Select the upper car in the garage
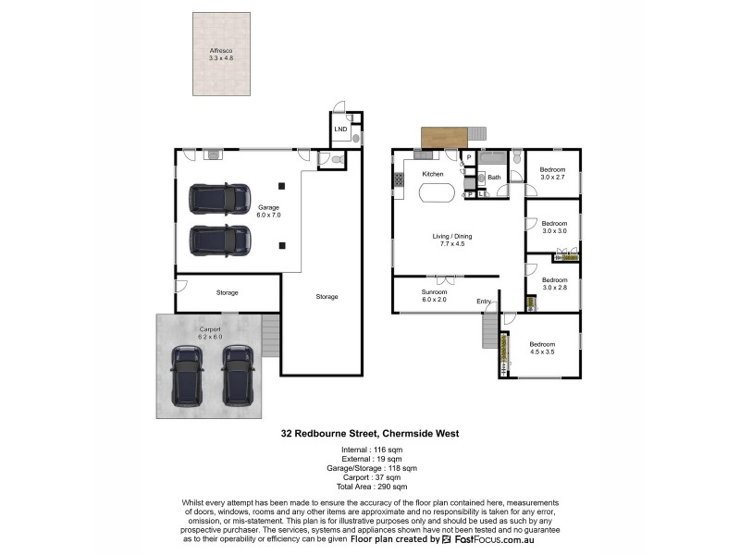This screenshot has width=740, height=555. click(x=219, y=198)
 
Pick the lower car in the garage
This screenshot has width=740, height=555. click(x=220, y=240)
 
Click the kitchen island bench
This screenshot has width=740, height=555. click(x=437, y=194)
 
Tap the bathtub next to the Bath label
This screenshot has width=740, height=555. click(x=494, y=157)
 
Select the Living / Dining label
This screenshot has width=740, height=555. click(x=452, y=240)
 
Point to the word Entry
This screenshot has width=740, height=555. click(x=484, y=302)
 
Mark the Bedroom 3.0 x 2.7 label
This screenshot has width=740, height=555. click(x=553, y=174)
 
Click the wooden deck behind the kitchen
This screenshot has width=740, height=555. click(x=444, y=137)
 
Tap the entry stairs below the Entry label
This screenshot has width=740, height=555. click(x=489, y=329)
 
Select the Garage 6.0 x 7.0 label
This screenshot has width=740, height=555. click(x=268, y=211)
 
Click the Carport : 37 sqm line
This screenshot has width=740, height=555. click(x=370, y=477)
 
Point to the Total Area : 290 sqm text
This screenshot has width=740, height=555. click(x=370, y=486)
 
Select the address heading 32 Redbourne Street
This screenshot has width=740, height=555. click(x=370, y=433)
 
